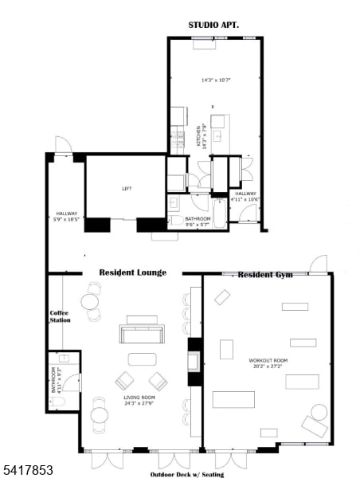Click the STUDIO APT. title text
tap(213, 25)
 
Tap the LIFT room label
tap(127, 189)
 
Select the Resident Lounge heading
tap(132, 272)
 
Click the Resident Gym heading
tap(265, 275)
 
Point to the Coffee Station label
tap(60, 316)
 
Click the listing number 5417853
tap(27, 471)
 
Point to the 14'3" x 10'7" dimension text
tap(215, 80)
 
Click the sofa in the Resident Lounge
tap(142, 334)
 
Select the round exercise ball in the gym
tap(319, 413)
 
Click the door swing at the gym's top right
tap(319, 264)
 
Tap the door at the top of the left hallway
tap(63, 145)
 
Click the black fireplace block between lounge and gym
tap(193, 355)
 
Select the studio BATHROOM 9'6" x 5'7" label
tap(198, 221)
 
